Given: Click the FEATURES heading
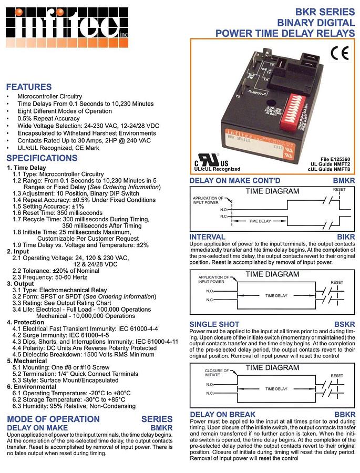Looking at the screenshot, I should [28, 87].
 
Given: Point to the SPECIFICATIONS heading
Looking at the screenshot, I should [42, 158].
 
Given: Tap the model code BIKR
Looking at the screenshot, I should [346, 237].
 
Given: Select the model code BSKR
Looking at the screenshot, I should [345, 324].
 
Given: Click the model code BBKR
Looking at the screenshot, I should [345, 415].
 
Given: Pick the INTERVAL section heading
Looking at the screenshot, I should [207, 237].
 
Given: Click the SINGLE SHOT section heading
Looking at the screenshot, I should [214, 324].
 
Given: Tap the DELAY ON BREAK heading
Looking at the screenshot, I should [222, 415].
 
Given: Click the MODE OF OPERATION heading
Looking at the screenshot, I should [53, 419].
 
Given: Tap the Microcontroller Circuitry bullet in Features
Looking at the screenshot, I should [49, 97].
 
